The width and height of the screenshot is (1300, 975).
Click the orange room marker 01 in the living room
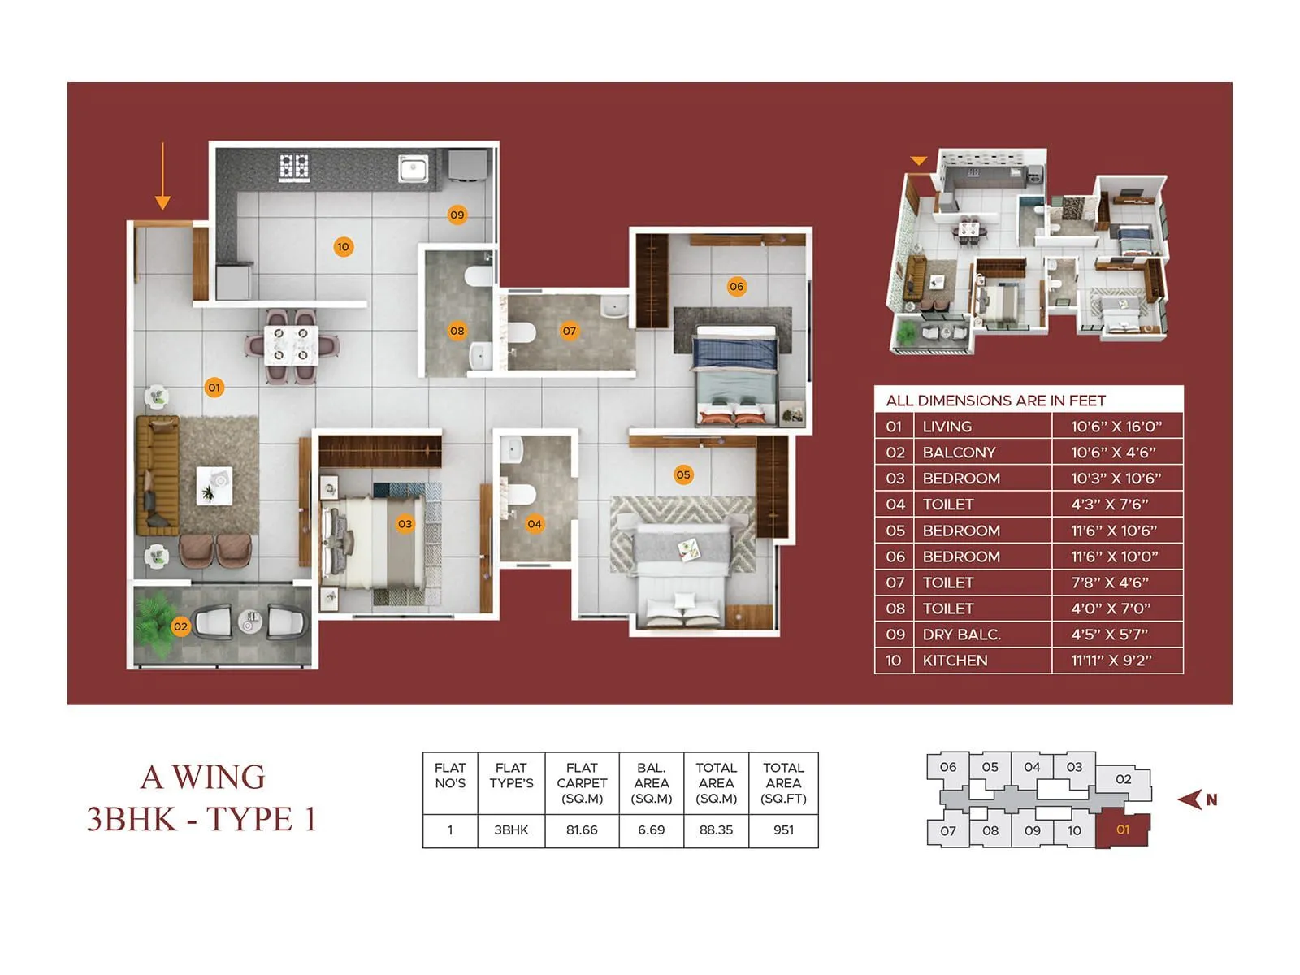pyautogui.click(x=214, y=388)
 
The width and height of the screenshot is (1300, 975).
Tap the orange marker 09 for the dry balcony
pyautogui.click(x=457, y=215)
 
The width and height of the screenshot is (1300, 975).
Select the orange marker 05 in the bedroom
pyautogui.click(x=683, y=474)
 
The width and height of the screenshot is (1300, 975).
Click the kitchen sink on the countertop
pyautogui.click(x=413, y=169)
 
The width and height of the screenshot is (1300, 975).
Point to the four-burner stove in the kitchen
pyautogui.click(x=294, y=167)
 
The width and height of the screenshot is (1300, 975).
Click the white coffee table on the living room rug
pyautogui.click(x=214, y=486)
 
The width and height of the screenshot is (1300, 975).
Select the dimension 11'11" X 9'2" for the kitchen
pyautogui.click(x=1111, y=661)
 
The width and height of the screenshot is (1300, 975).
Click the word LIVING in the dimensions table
pyautogui.click(x=947, y=427)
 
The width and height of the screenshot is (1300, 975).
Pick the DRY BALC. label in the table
pyautogui.click(x=961, y=635)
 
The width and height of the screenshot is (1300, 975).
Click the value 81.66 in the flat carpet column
pyautogui.click(x=582, y=830)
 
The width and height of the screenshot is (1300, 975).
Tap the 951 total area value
pyautogui.click(x=783, y=830)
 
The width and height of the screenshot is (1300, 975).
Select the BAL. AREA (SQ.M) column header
pyautogui.click(x=651, y=783)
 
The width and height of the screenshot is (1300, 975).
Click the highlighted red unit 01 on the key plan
pyautogui.click(x=1123, y=830)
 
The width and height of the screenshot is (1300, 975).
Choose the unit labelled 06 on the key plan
pyautogui.click(x=948, y=767)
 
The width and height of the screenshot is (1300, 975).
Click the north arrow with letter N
pyautogui.click(x=1197, y=799)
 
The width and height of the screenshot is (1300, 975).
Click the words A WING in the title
pyautogui.click(x=203, y=778)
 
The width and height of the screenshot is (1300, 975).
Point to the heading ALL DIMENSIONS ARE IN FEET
pyautogui.click(x=995, y=401)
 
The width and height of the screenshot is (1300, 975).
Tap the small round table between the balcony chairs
pyautogui.click(x=250, y=622)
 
